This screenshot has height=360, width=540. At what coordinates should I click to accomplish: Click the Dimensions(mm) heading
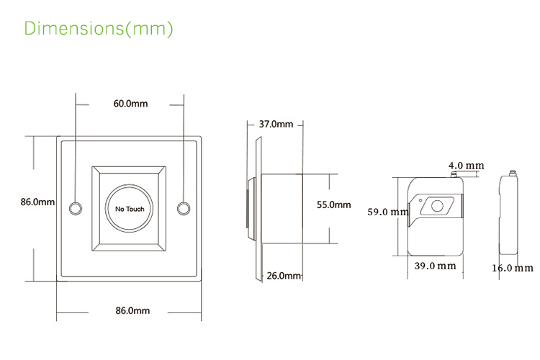pos(99,29)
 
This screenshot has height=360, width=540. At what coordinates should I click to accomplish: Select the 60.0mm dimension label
pos(130,104)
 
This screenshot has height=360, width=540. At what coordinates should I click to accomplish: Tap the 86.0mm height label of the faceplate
pos(37,202)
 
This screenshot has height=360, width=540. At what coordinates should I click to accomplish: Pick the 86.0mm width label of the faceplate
pos(132,310)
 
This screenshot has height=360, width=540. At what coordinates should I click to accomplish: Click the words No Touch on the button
pos(130,209)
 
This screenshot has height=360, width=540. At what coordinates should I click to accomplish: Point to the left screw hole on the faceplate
pos(75,208)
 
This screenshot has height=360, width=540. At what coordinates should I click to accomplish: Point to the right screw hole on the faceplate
pos(184,208)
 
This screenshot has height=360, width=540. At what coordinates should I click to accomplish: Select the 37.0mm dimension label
pos(276,124)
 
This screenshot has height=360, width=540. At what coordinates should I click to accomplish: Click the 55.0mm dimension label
pos(333,205)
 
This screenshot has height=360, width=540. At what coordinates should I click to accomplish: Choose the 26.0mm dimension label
pos(283,276)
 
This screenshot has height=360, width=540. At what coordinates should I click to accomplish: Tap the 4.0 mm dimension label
pos(466,166)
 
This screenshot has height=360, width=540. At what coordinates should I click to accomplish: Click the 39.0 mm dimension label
pos(436,266)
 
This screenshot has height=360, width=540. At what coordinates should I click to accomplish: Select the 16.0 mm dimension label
pos(513,268)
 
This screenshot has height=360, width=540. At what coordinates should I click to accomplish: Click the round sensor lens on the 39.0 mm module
pos(436,207)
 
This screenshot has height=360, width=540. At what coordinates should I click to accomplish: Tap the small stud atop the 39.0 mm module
pos(455,173)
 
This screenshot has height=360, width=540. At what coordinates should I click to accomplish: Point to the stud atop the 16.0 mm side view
pos(511,173)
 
